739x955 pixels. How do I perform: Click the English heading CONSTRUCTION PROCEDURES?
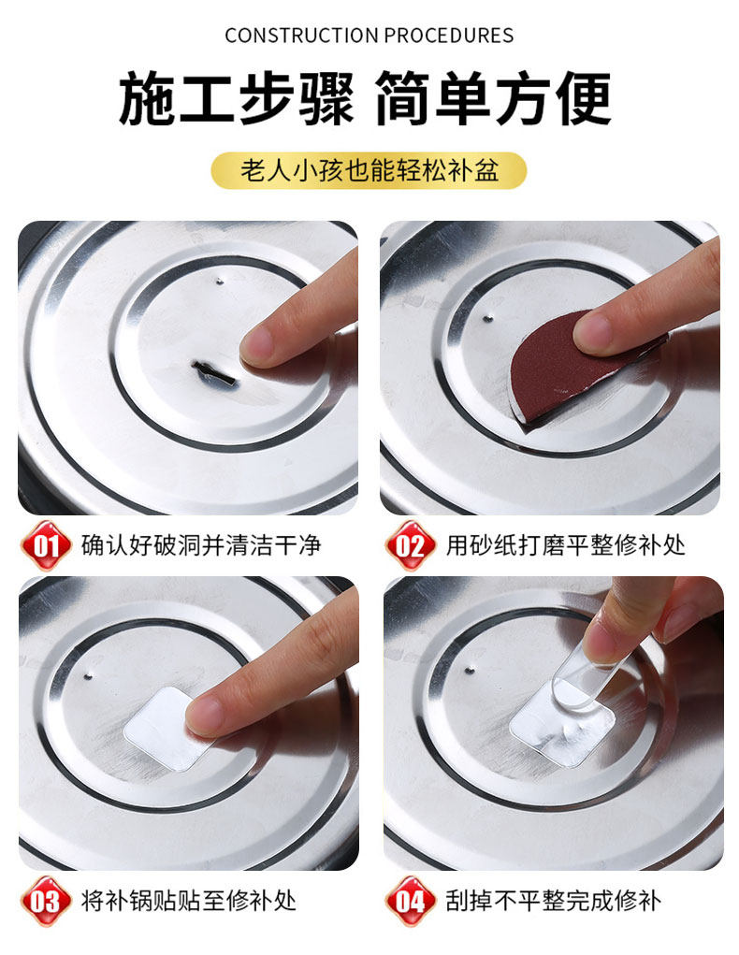tap(369, 36)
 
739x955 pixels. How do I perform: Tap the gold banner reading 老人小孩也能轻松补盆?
tap(369, 170)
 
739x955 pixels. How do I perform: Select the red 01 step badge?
tap(46, 545)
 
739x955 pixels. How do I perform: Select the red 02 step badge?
tap(410, 545)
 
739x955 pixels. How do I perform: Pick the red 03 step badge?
tap(46, 901)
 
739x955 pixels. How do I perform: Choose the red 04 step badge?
tap(410, 901)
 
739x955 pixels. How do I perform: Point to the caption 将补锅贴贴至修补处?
tap(190, 901)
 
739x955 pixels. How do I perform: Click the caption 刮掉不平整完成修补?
tap(554, 901)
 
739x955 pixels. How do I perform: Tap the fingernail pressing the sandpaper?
tap(592, 330)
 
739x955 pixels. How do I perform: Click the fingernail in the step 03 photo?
tap(204, 713)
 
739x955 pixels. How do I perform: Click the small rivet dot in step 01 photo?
tap(220, 282)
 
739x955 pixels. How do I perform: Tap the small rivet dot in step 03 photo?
tap(88, 675)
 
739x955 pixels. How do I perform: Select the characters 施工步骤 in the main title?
tap(236, 98)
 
